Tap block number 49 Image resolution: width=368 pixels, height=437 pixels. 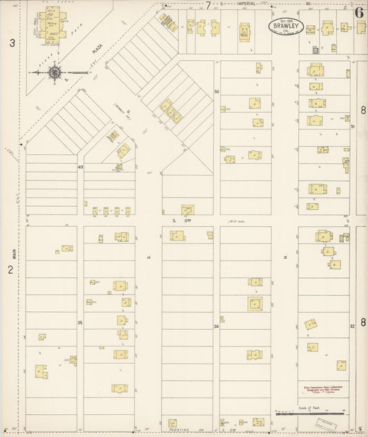[80, 168]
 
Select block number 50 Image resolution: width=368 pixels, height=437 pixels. [216, 91]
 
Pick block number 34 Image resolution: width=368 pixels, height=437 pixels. [216, 326]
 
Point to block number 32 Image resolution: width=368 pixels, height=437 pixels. [351, 326]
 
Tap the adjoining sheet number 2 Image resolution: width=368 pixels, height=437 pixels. [10, 270]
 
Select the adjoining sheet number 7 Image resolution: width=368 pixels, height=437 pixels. [207, 4]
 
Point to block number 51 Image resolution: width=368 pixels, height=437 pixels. [351, 127]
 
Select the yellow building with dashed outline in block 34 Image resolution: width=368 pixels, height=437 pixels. [255, 303]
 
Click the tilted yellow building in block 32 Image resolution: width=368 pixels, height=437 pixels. [312, 324]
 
